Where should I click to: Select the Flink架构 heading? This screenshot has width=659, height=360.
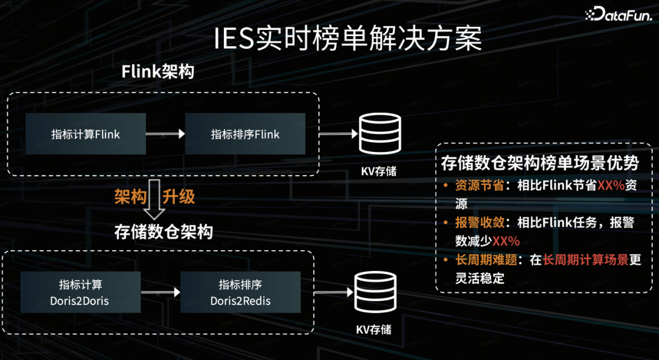(x=157, y=71)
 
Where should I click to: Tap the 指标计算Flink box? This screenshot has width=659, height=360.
(x=85, y=134)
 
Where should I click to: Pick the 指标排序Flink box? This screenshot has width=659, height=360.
(x=245, y=134)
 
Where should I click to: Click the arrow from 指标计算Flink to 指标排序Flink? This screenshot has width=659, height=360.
(x=165, y=134)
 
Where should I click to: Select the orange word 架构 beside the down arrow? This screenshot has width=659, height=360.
(x=131, y=197)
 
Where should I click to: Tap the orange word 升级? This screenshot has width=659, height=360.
(x=179, y=197)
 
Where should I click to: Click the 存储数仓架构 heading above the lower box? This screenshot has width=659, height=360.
(x=164, y=232)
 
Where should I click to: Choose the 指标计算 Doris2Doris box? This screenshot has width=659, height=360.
(x=81, y=292)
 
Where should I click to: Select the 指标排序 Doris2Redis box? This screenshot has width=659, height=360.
(x=240, y=292)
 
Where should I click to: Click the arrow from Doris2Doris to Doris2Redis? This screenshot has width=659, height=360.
(x=160, y=292)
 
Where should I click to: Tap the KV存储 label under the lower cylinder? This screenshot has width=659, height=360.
(x=373, y=330)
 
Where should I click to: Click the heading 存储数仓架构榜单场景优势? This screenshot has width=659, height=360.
(x=539, y=163)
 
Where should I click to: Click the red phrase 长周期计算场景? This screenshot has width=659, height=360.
(x=586, y=260)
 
